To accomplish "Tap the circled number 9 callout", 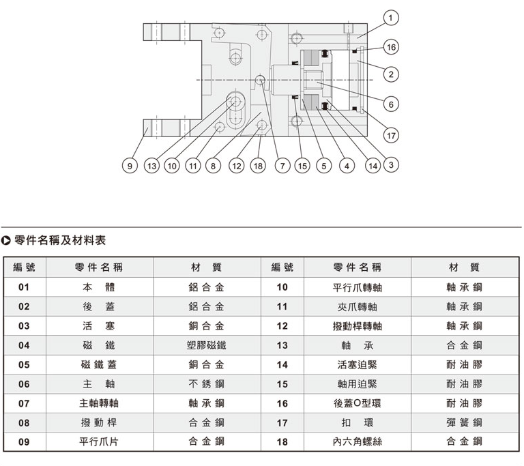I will [128, 165].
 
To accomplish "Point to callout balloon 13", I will [151, 165].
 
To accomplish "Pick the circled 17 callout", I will [390, 135].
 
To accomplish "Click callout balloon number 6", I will [390, 104].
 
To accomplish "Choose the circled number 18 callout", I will [257, 165].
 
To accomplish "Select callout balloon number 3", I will [390, 164].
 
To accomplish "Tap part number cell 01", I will [25, 287].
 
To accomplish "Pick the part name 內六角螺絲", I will [358, 442].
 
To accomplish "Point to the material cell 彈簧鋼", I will [464, 423].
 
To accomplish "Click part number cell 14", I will [282, 365].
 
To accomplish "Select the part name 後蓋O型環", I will [358, 403].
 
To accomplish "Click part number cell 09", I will [25, 442].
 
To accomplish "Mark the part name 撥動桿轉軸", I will [358, 326].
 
